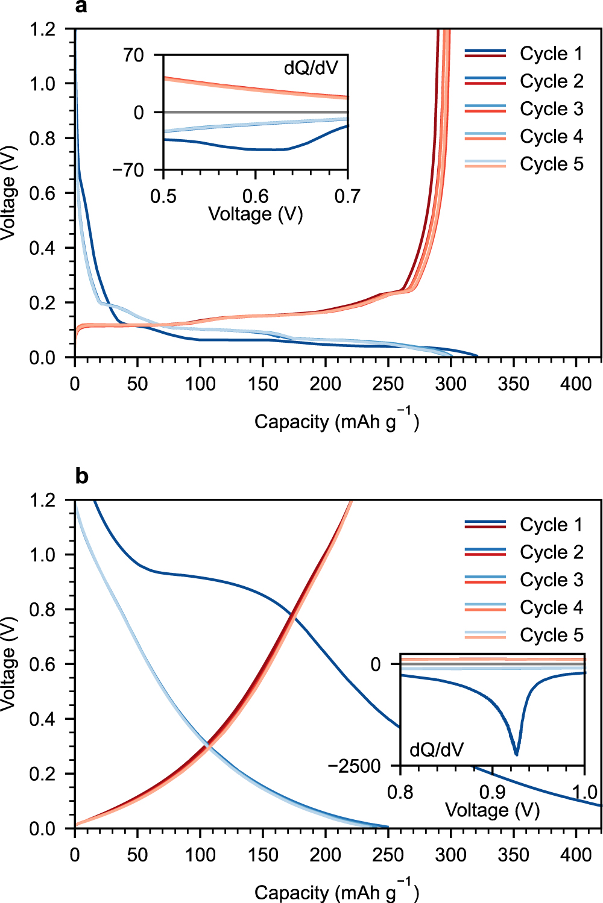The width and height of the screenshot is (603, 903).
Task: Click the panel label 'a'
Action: point(81,7)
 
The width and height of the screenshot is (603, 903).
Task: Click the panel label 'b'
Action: point(81,476)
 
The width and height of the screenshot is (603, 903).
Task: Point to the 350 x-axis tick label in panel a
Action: point(513,384)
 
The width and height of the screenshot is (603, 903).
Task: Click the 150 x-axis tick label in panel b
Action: point(263,855)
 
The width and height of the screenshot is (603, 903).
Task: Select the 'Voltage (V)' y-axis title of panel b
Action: point(8,664)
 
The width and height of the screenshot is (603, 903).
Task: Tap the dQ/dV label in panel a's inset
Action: point(311,68)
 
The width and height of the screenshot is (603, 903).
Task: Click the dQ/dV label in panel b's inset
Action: point(437,750)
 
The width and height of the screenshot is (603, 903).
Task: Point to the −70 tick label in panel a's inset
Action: point(128,170)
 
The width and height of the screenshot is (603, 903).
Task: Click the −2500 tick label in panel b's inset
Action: point(355,766)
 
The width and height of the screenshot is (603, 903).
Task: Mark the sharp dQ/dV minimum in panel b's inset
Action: point(516,754)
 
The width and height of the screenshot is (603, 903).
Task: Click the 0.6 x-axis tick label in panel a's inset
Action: point(256,196)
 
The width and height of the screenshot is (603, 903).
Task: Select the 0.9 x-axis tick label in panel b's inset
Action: point(493,792)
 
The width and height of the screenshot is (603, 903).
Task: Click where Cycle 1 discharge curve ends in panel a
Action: point(478,356)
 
